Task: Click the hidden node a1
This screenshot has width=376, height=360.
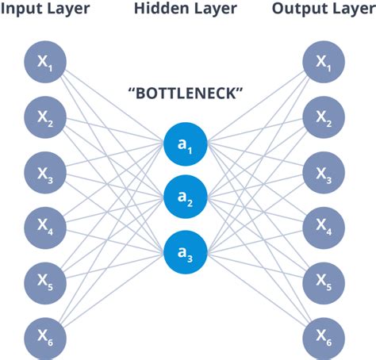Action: tap(186, 143)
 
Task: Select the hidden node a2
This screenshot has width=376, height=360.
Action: tap(186, 197)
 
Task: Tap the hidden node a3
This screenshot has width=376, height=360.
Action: tap(186, 251)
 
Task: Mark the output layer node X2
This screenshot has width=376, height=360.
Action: tap(324, 117)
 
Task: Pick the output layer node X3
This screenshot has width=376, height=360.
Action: tap(324, 170)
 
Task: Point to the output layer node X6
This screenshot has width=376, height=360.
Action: tap(324, 333)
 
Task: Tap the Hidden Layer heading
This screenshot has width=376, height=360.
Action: tap(185, 10)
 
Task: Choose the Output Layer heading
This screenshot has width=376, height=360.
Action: tap(322, 10)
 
